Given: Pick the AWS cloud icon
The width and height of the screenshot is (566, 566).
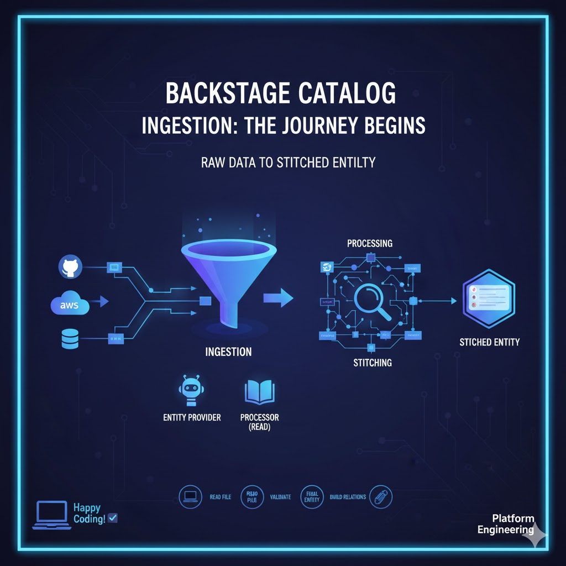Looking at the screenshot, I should click(70, 305).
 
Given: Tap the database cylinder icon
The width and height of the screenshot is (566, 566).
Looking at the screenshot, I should click(70, 339).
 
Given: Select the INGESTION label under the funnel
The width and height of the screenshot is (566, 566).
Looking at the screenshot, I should click(228, 352).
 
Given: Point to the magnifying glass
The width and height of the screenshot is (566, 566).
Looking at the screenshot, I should click(372, 302).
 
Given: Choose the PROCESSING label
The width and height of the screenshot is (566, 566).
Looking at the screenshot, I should click(370, 243).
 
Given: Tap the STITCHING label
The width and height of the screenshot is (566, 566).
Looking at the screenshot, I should click(373, 363).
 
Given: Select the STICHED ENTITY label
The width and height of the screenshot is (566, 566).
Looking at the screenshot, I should click(490, 342).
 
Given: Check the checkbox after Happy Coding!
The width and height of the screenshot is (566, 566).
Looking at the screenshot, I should click(113, 518).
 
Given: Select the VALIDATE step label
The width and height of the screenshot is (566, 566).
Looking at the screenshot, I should click(280, 497).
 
